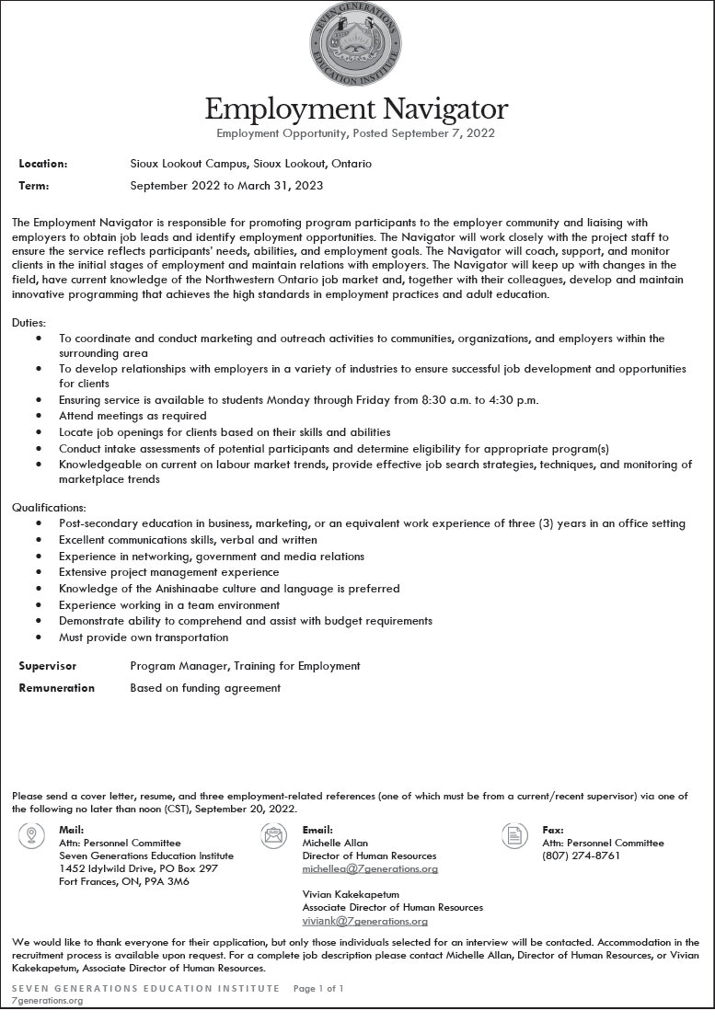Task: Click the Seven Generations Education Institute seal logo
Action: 355,43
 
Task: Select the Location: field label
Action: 43,164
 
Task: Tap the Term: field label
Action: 34,186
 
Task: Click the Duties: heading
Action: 29,323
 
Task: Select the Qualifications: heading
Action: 49,507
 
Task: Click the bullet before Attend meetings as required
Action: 38,416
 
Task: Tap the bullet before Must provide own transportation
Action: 38,637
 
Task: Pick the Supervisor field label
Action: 48,666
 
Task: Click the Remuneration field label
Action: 57,688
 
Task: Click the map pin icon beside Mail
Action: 32,836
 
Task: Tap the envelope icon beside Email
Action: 273,836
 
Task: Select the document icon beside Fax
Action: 513,836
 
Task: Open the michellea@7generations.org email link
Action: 370,868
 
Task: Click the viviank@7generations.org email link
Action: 364,921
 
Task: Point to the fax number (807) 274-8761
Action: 581,855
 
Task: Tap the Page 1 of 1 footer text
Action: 318,989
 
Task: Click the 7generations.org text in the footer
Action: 47,1001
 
